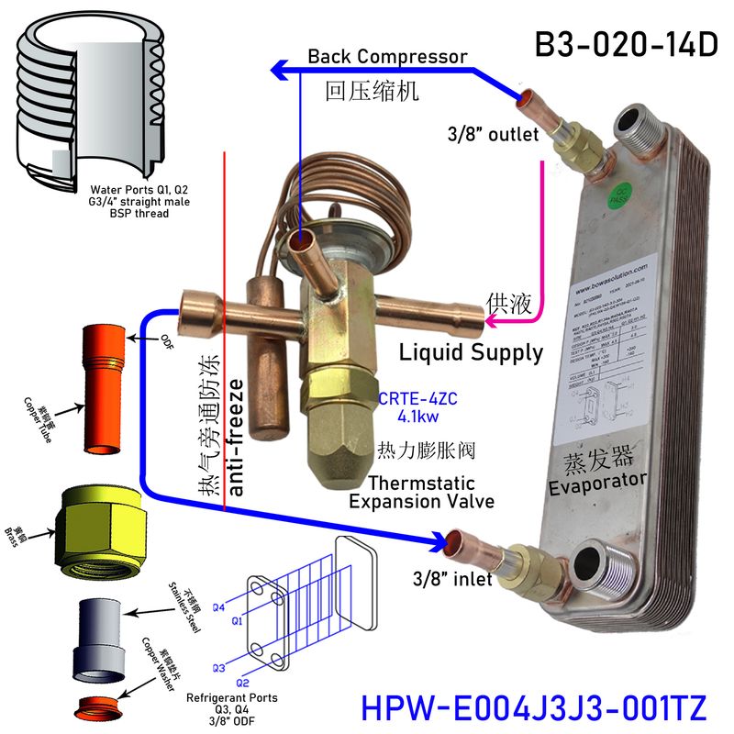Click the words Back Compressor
point(387,57)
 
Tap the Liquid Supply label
point(471,352)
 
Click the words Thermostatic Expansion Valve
point(421,492)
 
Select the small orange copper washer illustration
point(95,707)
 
